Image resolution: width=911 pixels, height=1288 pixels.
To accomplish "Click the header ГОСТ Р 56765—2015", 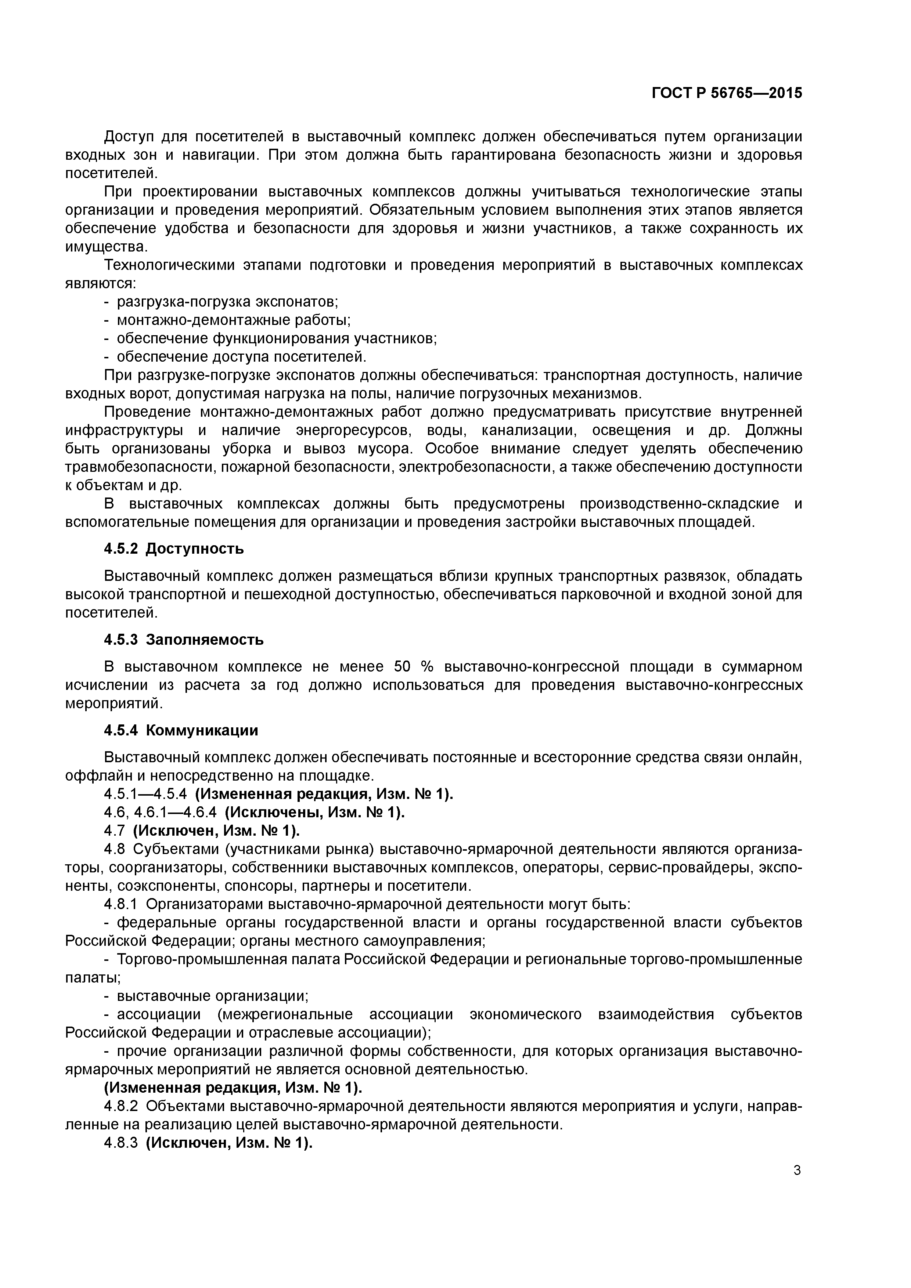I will pyautogui.click(x=727, y=93).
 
